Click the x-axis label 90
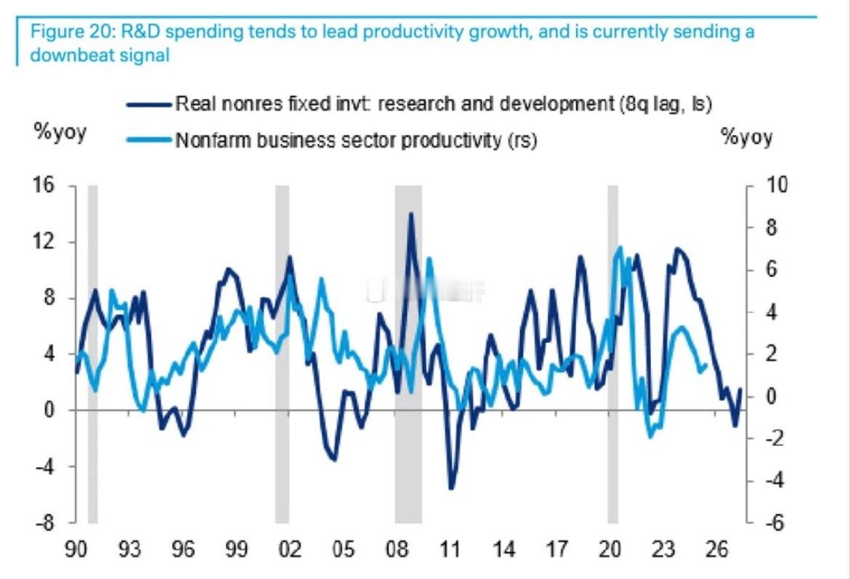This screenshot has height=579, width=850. [76, 549]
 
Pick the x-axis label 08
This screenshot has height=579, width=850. [397, 549]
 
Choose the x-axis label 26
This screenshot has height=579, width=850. [716, 549]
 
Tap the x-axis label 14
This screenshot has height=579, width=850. [503, 549]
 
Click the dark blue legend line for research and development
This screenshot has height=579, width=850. [149, 104]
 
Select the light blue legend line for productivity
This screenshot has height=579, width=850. [149, 139]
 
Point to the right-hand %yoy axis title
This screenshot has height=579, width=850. [747, 137]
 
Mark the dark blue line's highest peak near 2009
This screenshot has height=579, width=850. [411, 214]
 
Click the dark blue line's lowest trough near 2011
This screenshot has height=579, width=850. [451, 488]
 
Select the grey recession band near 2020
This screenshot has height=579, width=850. [612, 354]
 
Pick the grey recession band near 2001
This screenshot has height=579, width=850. [282, 354]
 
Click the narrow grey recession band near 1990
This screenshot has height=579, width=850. [92, 354]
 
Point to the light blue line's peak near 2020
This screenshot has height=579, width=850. [620, 248]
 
